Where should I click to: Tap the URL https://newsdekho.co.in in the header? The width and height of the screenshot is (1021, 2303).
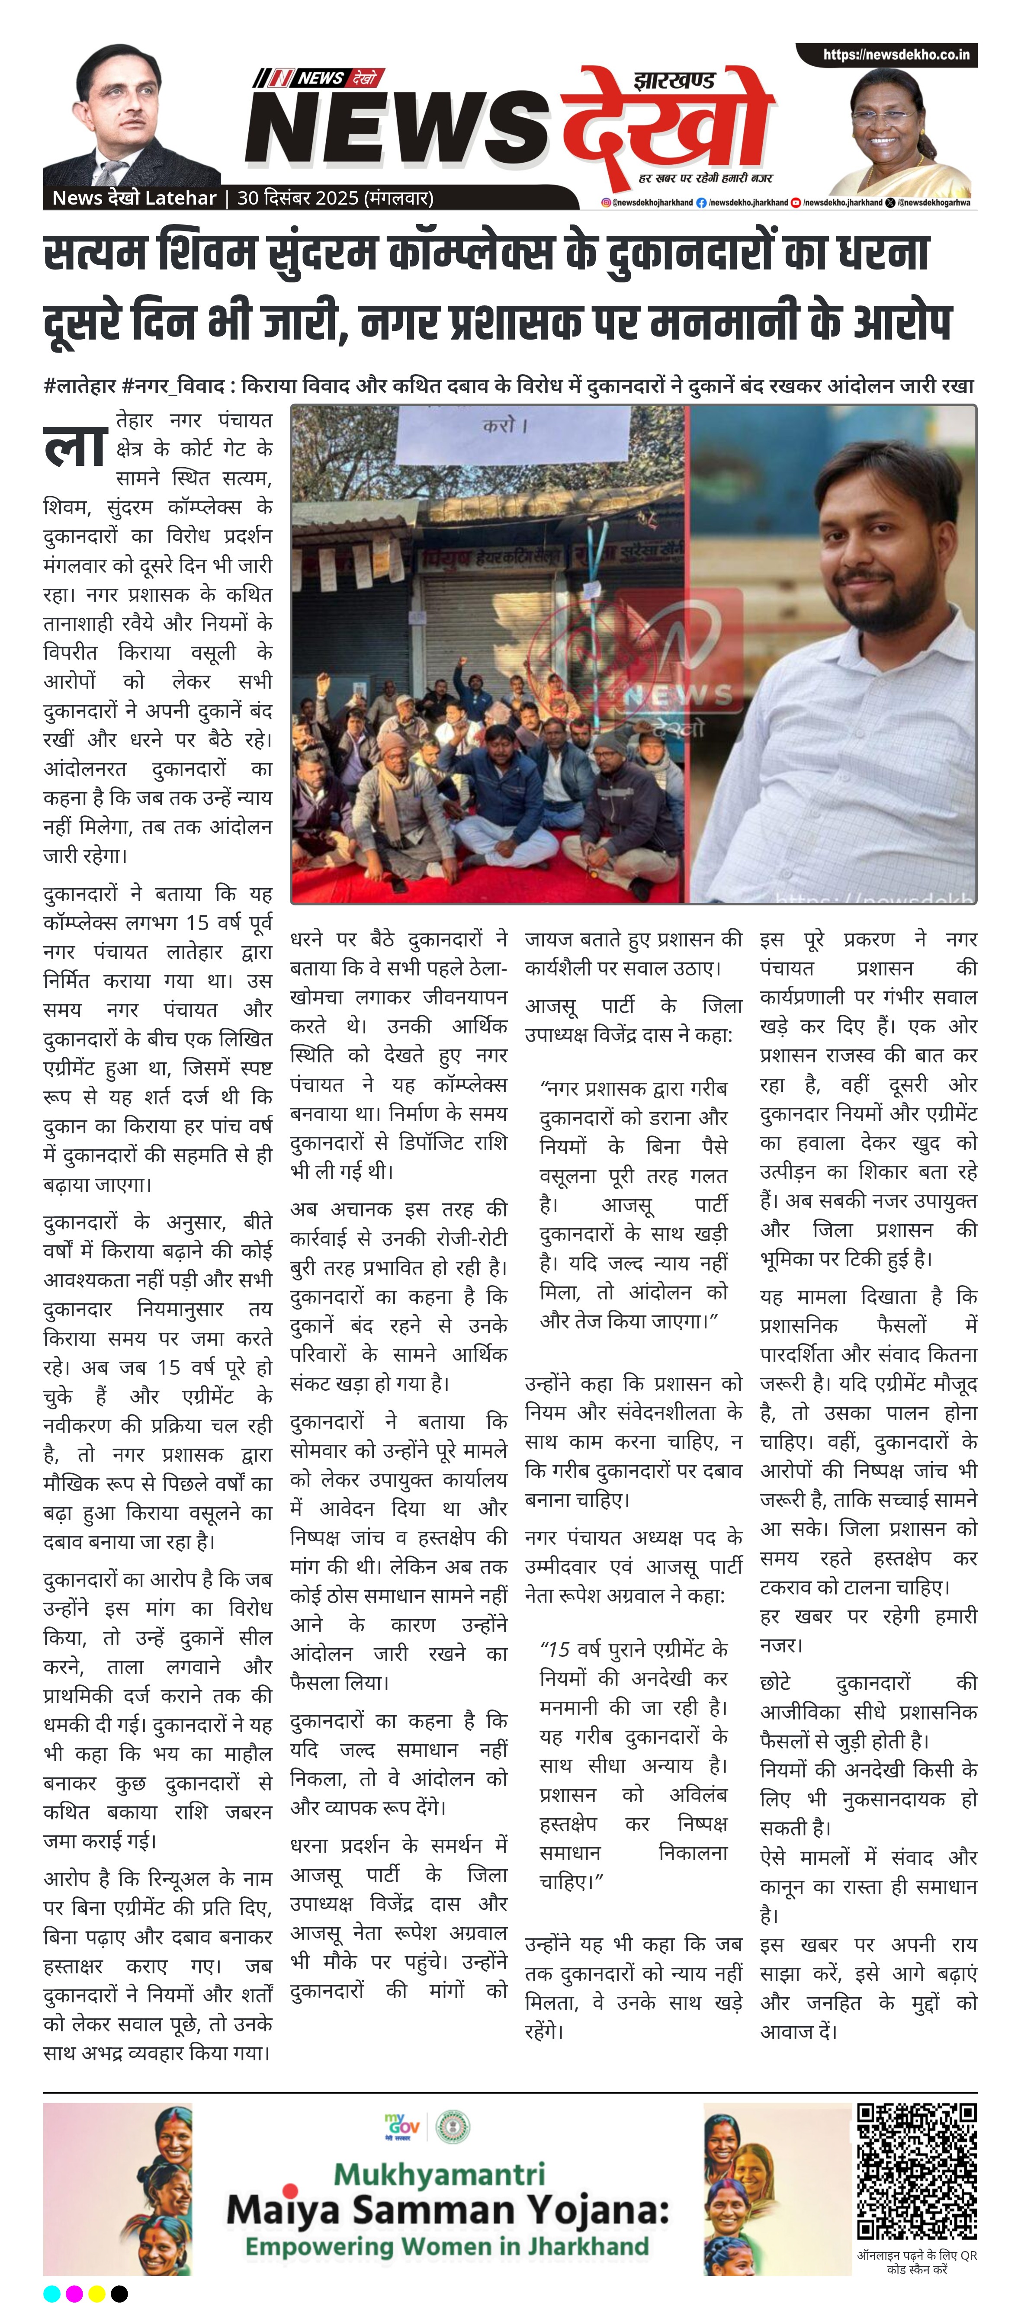click(x=896, y=55)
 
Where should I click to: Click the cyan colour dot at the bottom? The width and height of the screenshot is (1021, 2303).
click(x=52, y=2293)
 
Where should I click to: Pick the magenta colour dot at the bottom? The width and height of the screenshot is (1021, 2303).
click(x=74, y=2293)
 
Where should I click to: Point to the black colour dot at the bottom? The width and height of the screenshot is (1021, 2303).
click(x=119, y=2293)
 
